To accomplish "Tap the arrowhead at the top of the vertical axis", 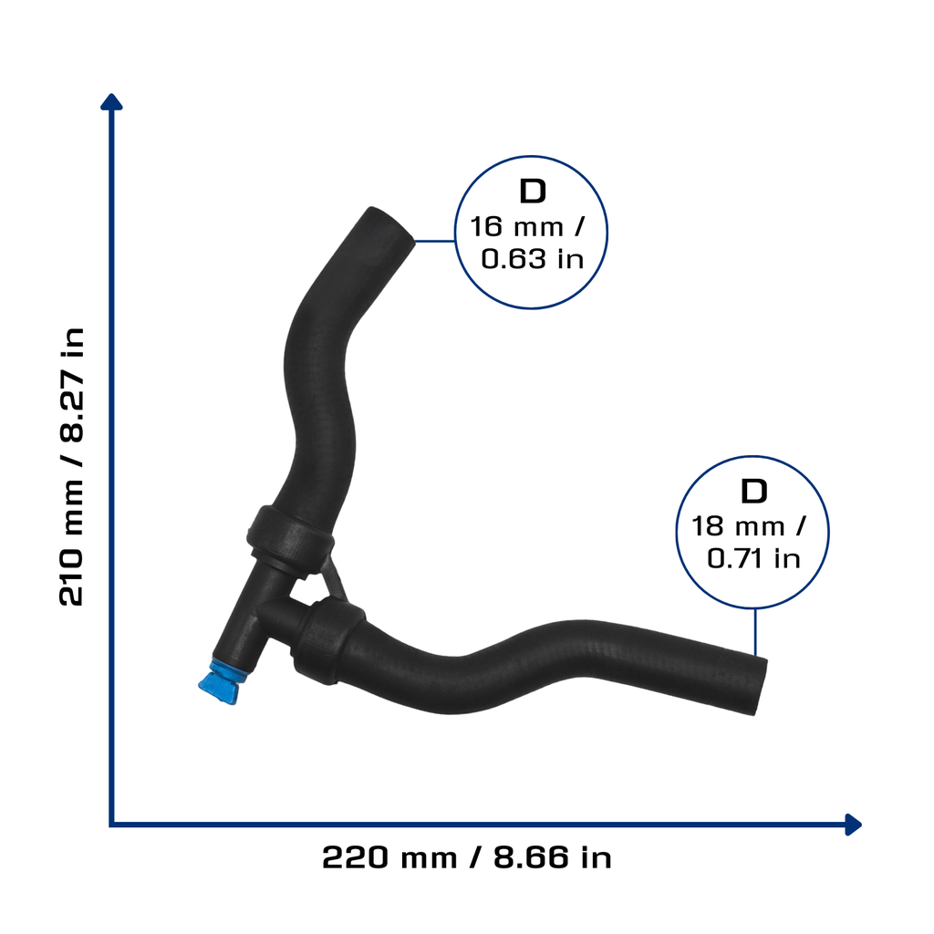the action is (x=111, y=102).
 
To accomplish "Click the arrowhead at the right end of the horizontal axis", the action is (x=853, y=825).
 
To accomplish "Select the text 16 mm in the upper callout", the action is (x=516, y=227).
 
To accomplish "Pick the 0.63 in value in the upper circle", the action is (x=532, y=259).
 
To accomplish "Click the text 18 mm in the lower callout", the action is (x=737, y=526).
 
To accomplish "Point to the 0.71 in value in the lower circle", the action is (x=753, y=559).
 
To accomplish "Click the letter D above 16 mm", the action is (x=533, y=192).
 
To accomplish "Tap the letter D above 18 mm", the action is (x=753, y=492).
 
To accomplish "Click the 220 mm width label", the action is (x=389, y=858).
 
